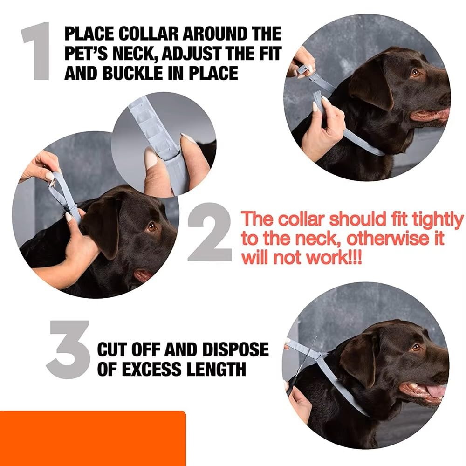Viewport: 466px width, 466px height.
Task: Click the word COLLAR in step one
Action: click(x=148, y=33)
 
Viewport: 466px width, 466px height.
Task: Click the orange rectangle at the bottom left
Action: click(x=93, y=439)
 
